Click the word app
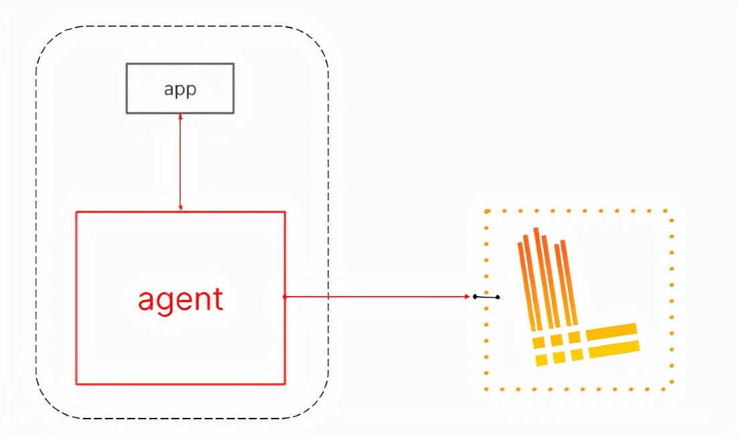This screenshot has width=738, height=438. (x=180, y=90)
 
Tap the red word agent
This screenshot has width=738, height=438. (x=181, y=300)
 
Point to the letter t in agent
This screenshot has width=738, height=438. (x=218, y=299)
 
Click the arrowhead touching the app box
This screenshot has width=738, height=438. (x=181, y=117)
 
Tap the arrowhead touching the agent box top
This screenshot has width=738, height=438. (x=181, y=208)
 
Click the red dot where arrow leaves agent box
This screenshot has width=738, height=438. (x=285, y=296)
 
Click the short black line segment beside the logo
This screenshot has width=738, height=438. (x=486, y=297)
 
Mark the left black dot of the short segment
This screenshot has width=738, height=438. (x=475, y=296)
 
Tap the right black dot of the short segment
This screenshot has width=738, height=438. (x=498, y=297)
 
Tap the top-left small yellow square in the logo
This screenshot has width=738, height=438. (x=539, y=343)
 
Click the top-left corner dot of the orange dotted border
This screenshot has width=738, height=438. (x=487, y=212)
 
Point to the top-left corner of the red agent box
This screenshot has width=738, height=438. (x=76, y=212)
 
